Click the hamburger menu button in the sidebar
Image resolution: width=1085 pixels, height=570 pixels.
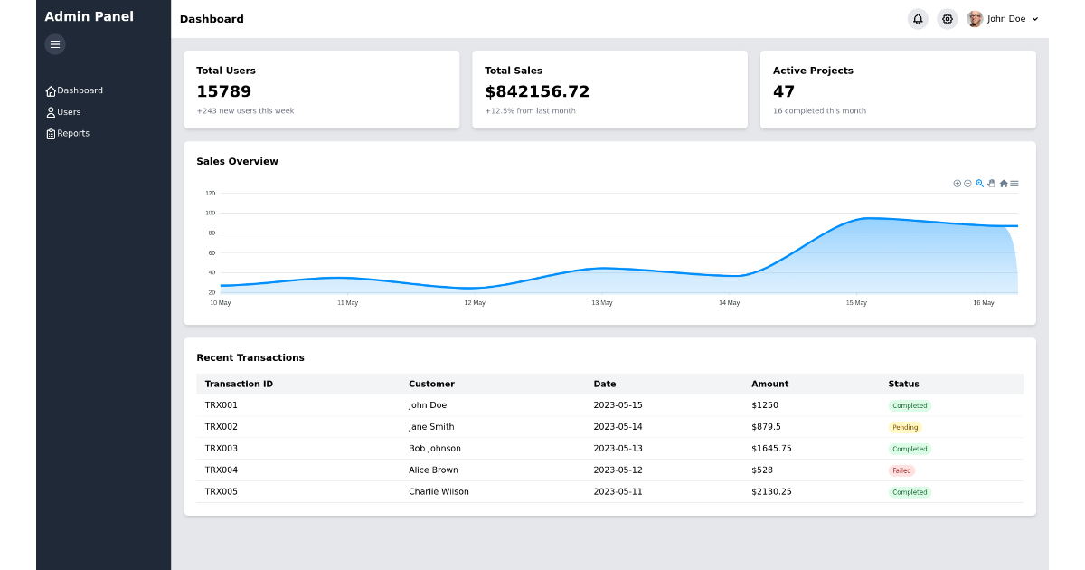(x=55, y=44)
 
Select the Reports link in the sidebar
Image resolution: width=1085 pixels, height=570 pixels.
(x=68, y=133)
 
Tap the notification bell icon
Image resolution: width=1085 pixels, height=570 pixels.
(x=918, y=19)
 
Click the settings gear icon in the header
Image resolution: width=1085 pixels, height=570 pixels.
(x=947, y=19)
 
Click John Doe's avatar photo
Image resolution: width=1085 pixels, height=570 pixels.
(x=974, y=19)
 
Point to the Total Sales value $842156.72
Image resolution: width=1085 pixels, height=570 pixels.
(x=537, y=91)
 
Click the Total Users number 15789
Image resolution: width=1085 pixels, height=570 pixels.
(x=223, y=91)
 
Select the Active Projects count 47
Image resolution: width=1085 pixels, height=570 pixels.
(x=784, y=91)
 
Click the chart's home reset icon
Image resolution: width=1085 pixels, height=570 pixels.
(x=1004, y=184)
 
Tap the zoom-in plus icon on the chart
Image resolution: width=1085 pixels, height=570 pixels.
(x=957, y=184)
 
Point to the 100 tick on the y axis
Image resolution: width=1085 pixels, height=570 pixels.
(x=210, y=213)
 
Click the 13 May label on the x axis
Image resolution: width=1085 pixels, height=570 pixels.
(x=602, y=303)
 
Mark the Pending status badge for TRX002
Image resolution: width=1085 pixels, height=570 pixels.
(x=905, y=427)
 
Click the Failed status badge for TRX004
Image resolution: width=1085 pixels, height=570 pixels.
(x=901, y=470)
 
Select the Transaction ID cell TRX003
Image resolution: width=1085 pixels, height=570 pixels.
(x=222, y=449)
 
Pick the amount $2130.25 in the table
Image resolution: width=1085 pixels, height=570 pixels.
(x=771, y=492)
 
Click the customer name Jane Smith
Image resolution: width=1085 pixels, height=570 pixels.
(x=431, y=427)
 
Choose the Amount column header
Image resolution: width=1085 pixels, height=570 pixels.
(x=769, y=384)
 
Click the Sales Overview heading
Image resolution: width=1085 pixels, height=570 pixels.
(x=237, y=161)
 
